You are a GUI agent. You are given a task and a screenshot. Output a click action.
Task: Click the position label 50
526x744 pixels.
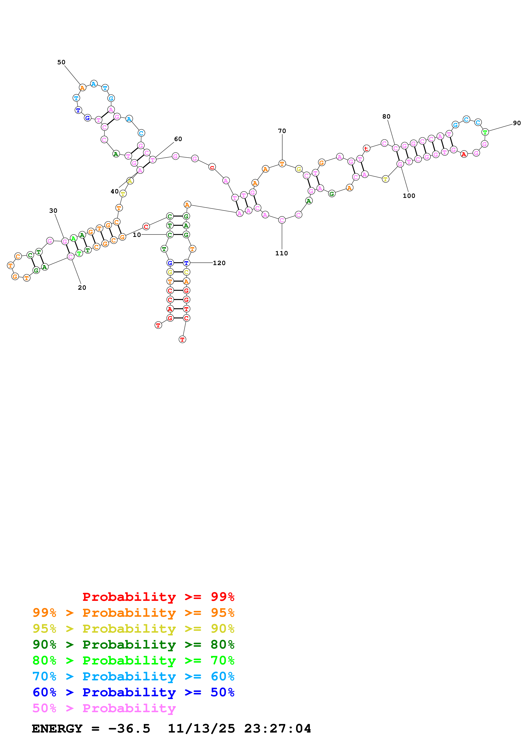(61, 62)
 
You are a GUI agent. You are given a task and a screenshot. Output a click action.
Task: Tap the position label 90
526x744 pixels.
(517, 123)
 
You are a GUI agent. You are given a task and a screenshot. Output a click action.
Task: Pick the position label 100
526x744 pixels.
(409, 196)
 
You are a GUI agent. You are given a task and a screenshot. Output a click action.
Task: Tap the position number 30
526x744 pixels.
(53, 211)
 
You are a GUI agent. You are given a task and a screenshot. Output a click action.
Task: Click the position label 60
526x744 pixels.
(178, 139)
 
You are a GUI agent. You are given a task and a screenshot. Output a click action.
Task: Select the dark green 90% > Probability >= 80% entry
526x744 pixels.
(133, 645)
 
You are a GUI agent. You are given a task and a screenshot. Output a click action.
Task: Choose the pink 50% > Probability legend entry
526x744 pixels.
(104, 708)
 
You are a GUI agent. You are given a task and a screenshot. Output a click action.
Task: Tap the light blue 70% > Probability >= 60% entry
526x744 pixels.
(133, 677)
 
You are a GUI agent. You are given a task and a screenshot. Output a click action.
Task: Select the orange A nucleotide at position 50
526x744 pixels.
(82, 88)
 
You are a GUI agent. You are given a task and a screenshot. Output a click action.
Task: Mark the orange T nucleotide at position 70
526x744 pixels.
(282, 164)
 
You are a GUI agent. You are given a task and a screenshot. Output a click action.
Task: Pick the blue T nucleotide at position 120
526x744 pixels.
(186, 263)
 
